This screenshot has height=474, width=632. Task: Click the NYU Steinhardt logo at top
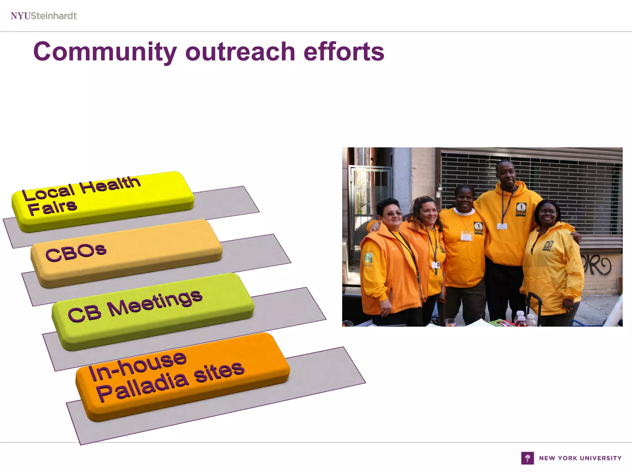44,16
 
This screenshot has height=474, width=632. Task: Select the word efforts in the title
344,52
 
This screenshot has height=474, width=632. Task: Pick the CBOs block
127,253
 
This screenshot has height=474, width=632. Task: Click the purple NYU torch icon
527,458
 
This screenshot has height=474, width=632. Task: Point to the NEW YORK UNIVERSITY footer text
580,458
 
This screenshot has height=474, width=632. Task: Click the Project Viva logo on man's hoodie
521,210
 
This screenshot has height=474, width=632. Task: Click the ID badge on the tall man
502,227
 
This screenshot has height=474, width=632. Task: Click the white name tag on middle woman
466,236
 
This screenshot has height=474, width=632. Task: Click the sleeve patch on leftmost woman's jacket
368,258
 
